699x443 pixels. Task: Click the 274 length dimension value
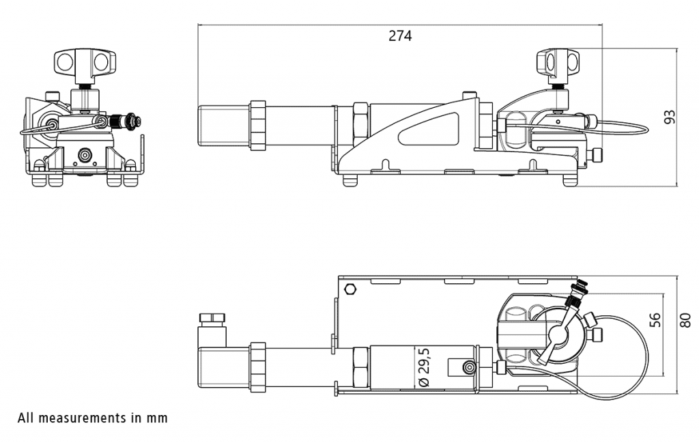(400, 35)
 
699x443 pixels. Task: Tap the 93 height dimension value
(670, 117)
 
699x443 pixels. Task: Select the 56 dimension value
(655, 319)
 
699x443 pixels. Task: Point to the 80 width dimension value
(685, 319)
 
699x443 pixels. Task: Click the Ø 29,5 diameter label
(424, 367)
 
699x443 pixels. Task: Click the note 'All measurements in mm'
(93, 418)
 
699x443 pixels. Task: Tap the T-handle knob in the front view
(85, 62)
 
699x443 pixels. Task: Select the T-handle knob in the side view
(558, 61)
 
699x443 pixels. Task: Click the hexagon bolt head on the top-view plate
(351, 289)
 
